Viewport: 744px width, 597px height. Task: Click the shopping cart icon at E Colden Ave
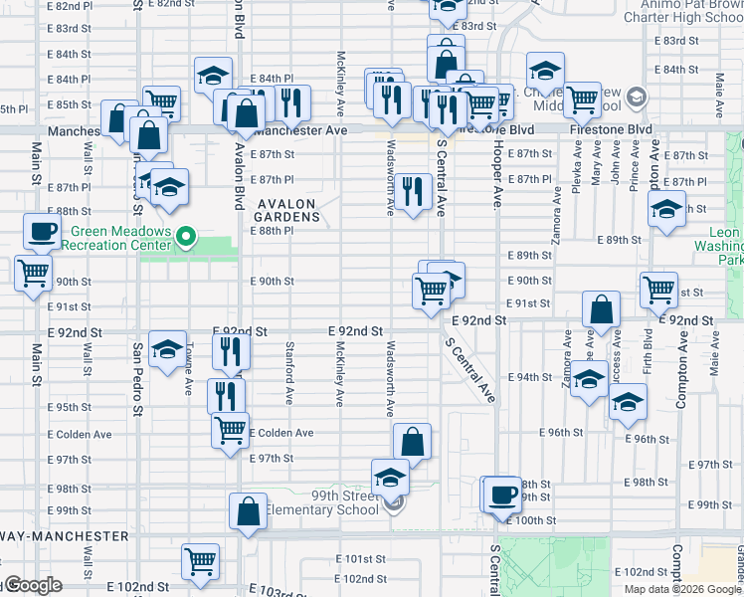click(x=230, y=430)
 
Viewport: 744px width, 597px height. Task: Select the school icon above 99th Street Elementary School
click(x=391, y=476)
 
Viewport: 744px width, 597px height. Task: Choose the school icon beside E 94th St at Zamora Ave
click(x=590, y=379)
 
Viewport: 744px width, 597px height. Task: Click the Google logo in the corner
click(x=32, y=586)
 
